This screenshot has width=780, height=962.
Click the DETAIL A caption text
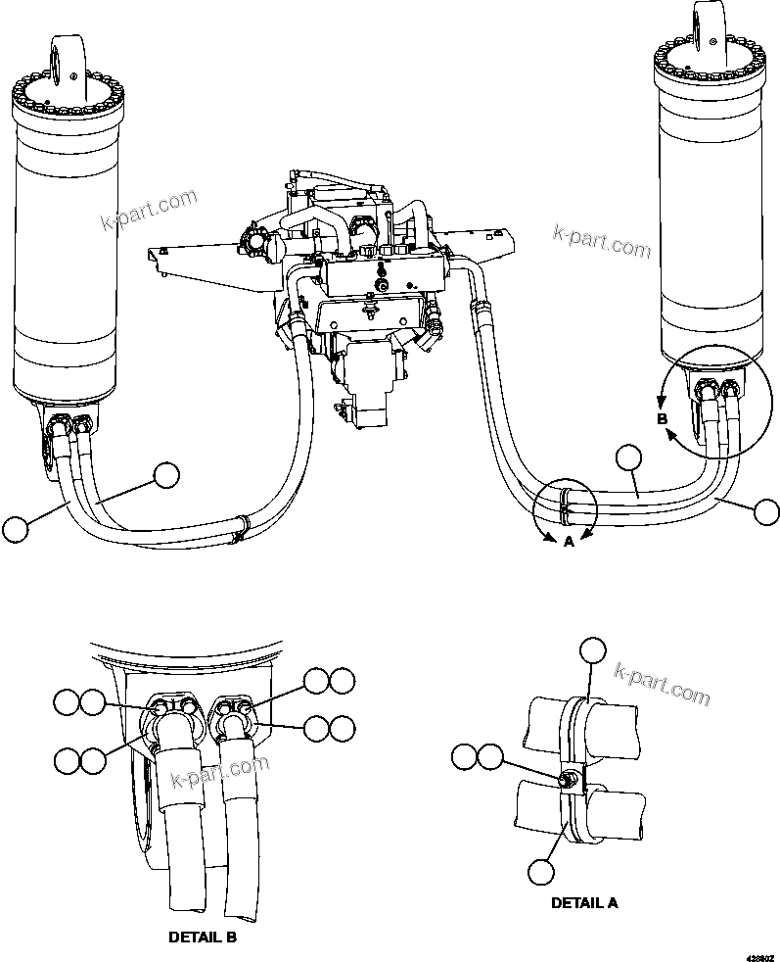[584, 902]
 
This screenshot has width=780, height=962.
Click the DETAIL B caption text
[203, 937]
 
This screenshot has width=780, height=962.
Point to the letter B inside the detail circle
[662, 419]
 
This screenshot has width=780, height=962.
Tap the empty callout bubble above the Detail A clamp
[593, 650]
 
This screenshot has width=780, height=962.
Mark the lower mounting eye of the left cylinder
[48, 446]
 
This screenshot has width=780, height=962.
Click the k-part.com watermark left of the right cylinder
[601, 242]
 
